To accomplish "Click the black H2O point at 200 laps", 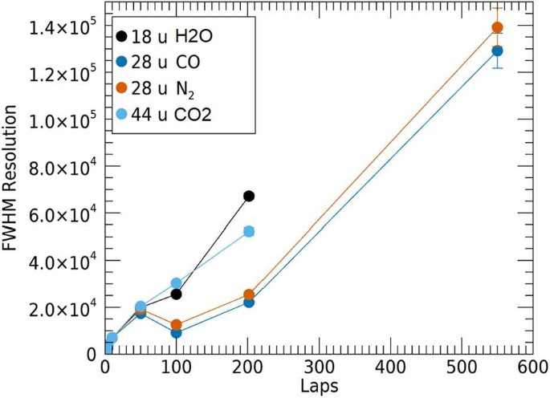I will click(249, 196).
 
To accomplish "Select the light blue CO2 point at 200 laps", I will click(249, 231).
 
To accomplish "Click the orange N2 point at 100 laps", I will click(177, 325).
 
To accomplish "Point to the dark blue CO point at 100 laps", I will click(177, 333).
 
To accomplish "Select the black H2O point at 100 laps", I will click(177, 294).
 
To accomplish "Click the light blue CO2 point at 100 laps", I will click(177, 283).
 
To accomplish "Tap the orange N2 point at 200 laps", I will click(249, 294).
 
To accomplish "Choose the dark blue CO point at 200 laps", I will click(249, 302).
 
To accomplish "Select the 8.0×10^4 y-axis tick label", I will click(61, 167).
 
